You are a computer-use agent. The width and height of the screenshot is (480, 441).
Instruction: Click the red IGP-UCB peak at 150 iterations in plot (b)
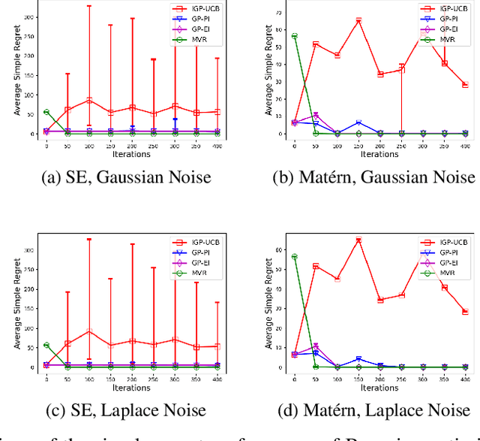tap(358, 20)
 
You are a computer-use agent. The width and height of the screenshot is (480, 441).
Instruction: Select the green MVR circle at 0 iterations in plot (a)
tap(46, 112)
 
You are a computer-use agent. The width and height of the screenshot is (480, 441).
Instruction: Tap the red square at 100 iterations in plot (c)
tap(89, 331)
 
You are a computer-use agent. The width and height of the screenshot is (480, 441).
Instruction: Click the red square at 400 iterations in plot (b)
tap(465, 85)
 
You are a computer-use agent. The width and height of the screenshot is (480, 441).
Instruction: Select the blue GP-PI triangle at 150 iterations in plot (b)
tap(358, 122)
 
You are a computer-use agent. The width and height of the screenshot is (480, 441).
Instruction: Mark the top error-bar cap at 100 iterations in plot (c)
tap(89, 240)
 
